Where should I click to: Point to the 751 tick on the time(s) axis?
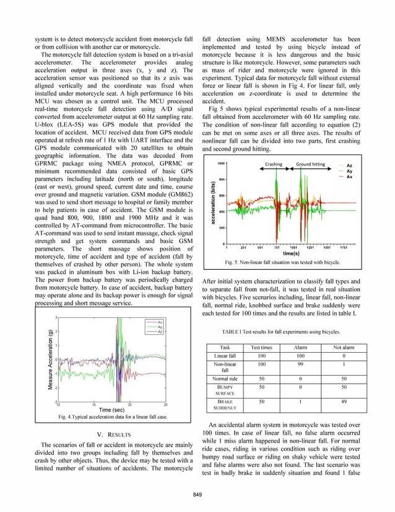(x=277, y=248)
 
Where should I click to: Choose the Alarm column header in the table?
(x=299, y=348)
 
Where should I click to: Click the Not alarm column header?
(x=344, y=348)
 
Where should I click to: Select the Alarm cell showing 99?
(x=299, y=366)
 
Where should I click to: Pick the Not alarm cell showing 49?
(x=344, y=401)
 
